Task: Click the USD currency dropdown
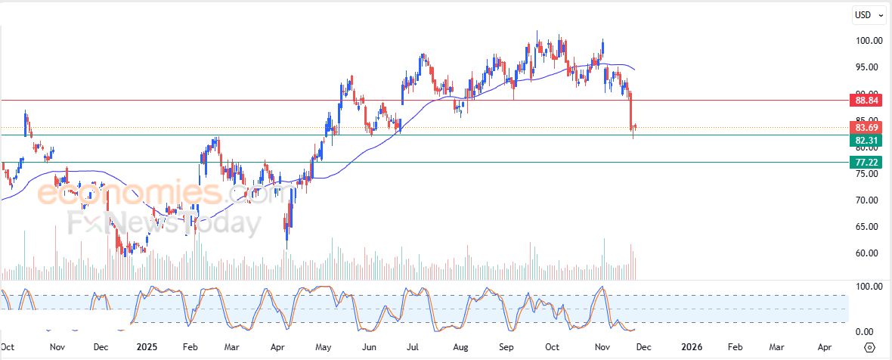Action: click(866, 14)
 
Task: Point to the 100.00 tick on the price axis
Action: click(864, 41)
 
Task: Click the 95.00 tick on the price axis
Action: click(864, 67)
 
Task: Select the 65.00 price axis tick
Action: click(864, 227)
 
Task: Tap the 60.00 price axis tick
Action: click(864, 253)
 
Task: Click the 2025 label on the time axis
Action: click(147, 346)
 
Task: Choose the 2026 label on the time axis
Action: click(691, 346)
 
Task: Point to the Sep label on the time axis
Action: click(507, 346)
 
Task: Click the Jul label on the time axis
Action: click(413, 346)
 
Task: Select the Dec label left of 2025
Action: click(99, 346)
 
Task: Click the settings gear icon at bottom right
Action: click(869, 347)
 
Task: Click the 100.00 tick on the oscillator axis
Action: click(864, 287)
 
